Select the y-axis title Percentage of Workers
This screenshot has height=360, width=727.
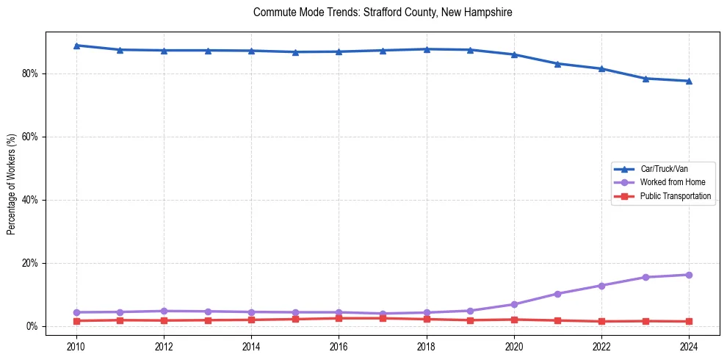click(12, 184)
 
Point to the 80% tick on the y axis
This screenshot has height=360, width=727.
click(32, 73)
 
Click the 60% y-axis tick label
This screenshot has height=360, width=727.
click(32, 137)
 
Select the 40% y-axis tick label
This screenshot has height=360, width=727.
click(32, 200)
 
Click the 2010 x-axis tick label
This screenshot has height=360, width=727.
click(76, 345)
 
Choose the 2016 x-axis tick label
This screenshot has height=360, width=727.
click(339, 345)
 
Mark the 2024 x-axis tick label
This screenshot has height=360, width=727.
click(689, 345)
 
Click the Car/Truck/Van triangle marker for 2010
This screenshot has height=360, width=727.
click(76, 46)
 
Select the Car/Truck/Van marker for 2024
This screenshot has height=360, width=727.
click(689, 81)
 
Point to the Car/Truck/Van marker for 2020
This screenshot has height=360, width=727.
click(514, 54)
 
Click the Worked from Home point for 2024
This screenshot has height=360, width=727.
click(689, 275)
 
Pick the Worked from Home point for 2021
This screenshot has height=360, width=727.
click(557, 294)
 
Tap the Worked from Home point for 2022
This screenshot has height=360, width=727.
click(601, 285)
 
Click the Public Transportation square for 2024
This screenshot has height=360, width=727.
click(689, 321)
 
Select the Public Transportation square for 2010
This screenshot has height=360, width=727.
click(76, 321)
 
